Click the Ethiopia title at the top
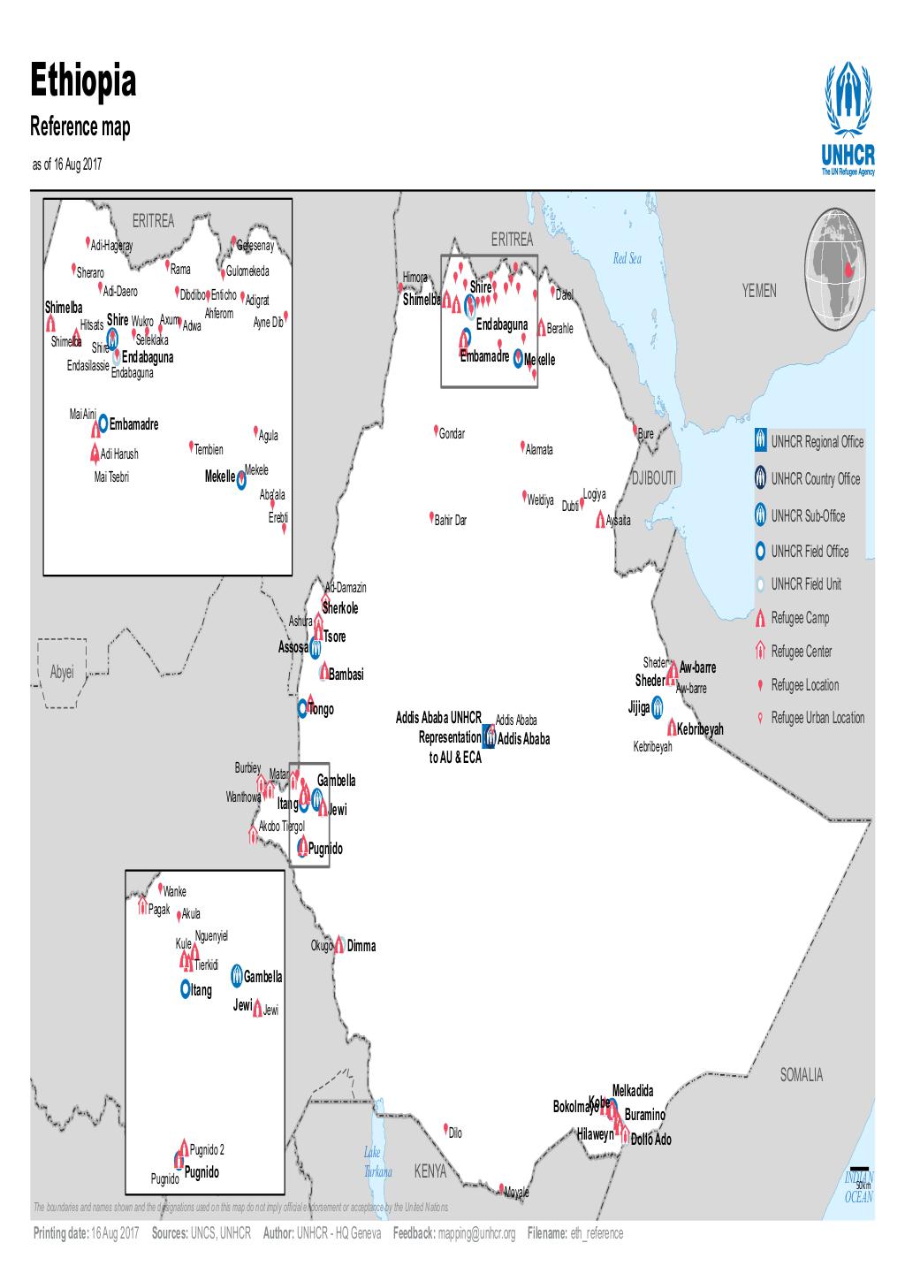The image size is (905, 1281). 84,82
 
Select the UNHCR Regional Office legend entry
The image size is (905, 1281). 817,442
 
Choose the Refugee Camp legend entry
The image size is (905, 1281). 800,618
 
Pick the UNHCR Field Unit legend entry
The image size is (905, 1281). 805,584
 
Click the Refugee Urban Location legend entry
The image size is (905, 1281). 818,718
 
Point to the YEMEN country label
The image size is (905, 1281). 760,292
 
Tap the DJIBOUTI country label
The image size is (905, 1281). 653,478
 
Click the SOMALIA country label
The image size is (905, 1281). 802,1076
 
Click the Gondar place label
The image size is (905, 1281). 452,434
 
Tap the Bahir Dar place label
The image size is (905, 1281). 451,521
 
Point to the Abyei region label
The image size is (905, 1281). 62,673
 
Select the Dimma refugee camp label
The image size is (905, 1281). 361,946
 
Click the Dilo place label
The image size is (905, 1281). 455,1133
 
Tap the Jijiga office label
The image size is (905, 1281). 639,707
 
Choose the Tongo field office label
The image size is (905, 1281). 320,709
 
